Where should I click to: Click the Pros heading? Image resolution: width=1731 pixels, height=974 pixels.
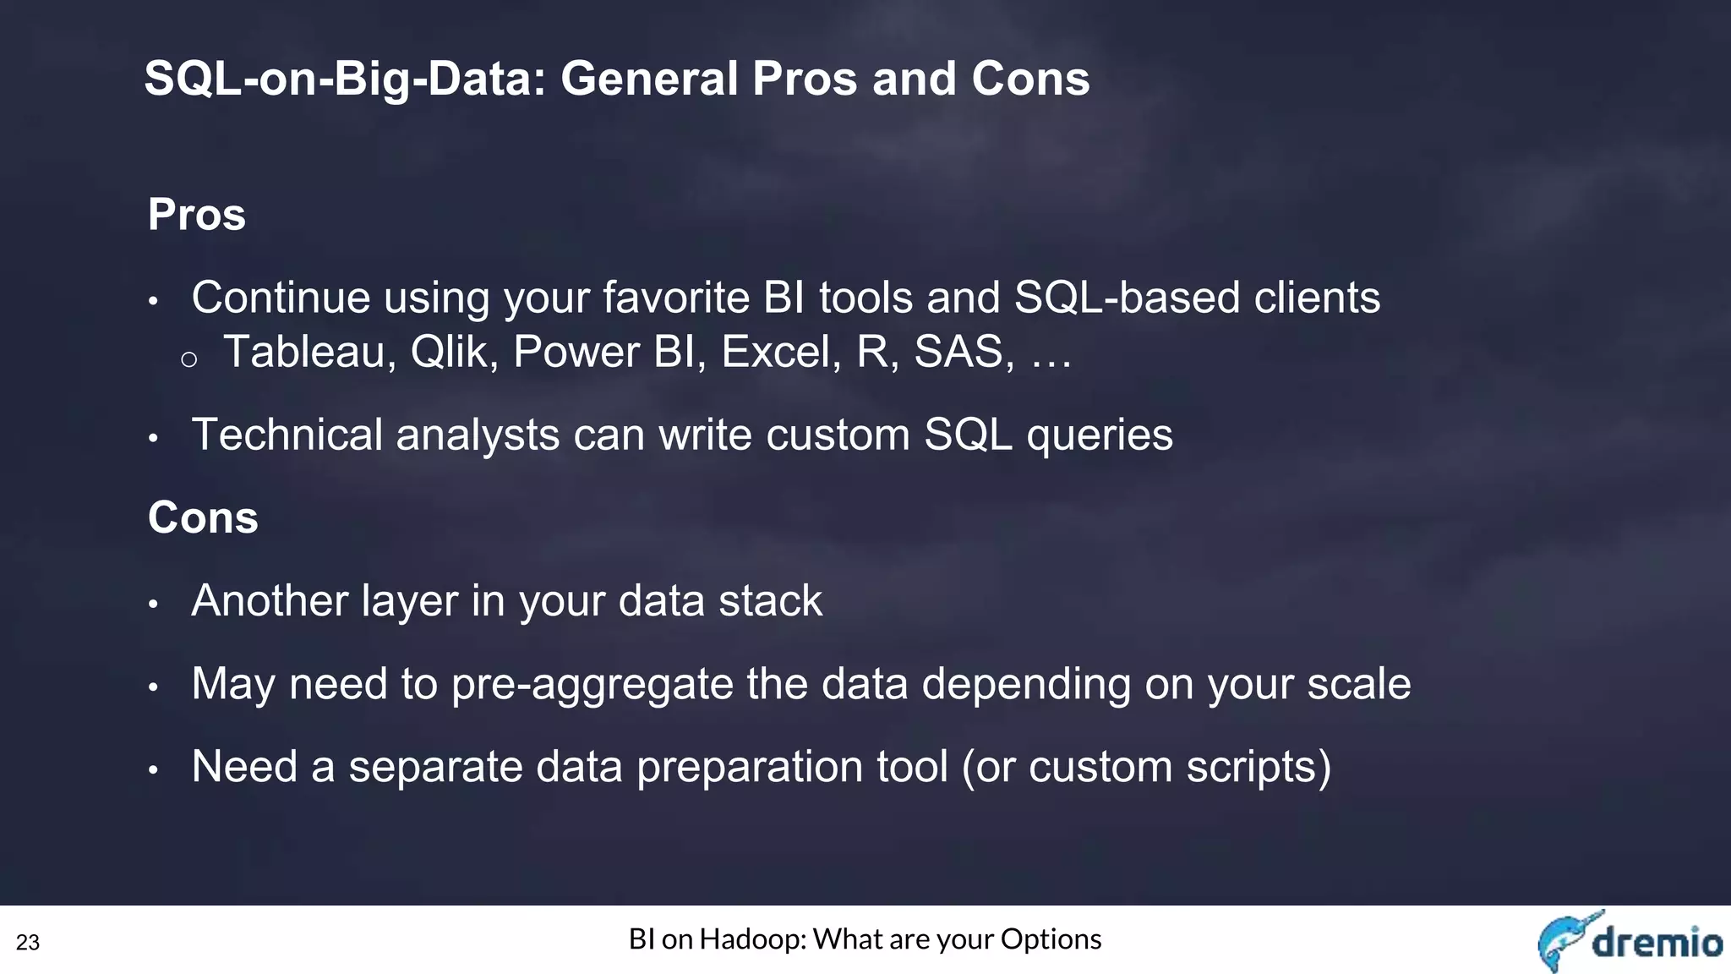pyautogui.click(x=197, y=215)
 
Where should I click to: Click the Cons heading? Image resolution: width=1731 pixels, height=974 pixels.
pyautogui.click(x=203, y=517)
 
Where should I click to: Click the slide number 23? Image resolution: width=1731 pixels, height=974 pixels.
pyautogui.click(x=28, y=943)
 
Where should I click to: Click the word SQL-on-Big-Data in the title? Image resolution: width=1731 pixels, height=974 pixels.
pyautogui.click(x=345, y=79)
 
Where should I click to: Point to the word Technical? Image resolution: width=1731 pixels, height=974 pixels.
pyautogui.click(x=287, y=435)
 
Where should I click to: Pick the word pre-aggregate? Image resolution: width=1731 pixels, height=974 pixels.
pyautogui.click(x=592, y=685)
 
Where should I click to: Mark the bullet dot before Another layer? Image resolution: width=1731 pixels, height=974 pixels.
pyautogui.click(x=153, y=604)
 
